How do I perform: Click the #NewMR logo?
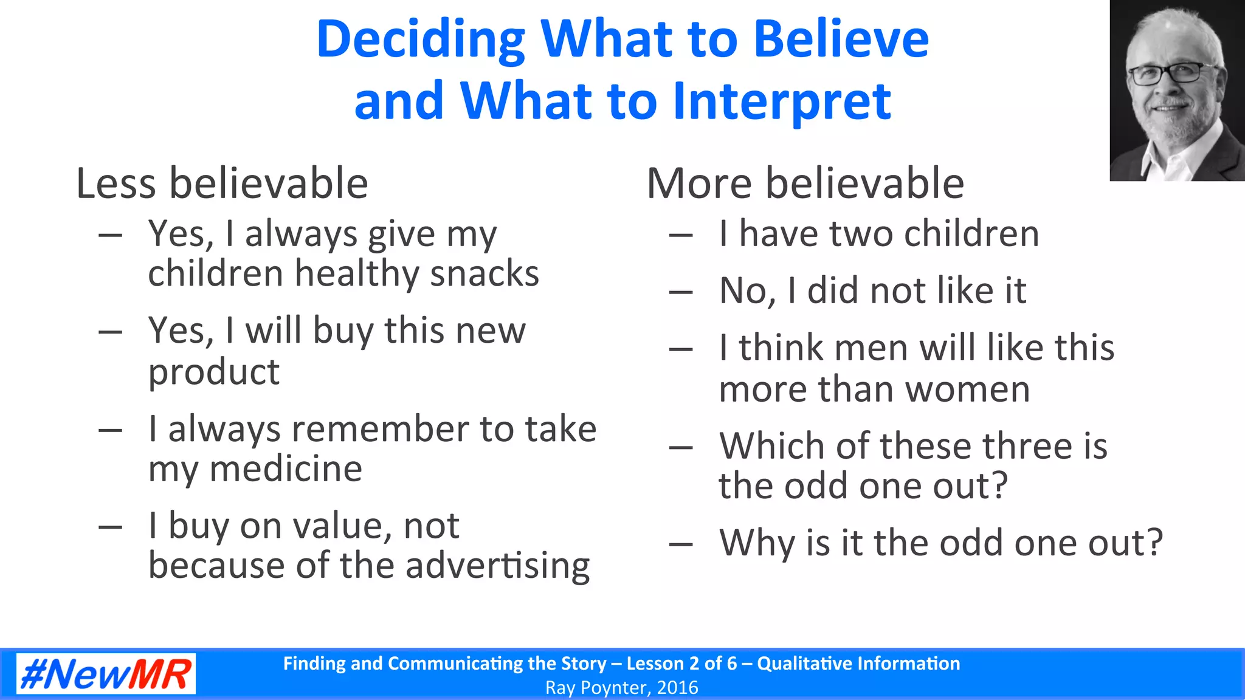click(106, 673)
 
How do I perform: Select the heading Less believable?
click(222, 183)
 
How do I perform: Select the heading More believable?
click(805, 183)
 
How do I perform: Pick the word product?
click(214, 372)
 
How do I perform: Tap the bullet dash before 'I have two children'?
click(681, 235)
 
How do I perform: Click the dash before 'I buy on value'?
click(110, 527)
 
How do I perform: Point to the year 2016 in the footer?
click(677, 688)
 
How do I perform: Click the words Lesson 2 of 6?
click(681, 664)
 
